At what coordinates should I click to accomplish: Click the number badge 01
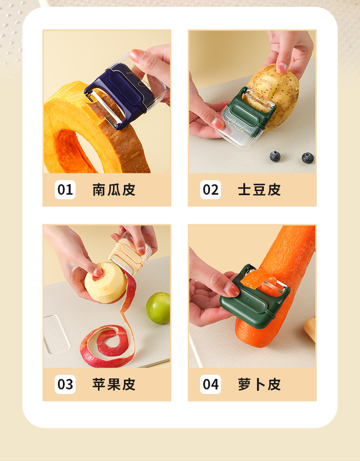(x=65, y=190)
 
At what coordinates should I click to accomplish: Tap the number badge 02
(x=211, y=190)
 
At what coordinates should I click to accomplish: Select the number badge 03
(x=65, y=384)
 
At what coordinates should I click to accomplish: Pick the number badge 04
(x=211, y=384)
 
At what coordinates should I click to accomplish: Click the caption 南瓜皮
(x=114, y=190)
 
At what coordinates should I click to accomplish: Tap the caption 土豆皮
(x=259, y=190)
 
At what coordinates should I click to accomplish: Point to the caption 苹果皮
(x=114, y=384)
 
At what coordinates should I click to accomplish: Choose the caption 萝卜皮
(x=259, y=384)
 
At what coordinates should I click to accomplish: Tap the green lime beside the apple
(x=158, y=308)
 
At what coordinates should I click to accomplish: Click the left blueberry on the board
(x=275, y=156)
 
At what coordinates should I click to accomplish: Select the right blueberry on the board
(x=308, y=158)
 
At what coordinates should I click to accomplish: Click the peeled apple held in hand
(x=105, y=283)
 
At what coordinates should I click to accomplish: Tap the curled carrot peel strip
(x=259, y=281)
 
